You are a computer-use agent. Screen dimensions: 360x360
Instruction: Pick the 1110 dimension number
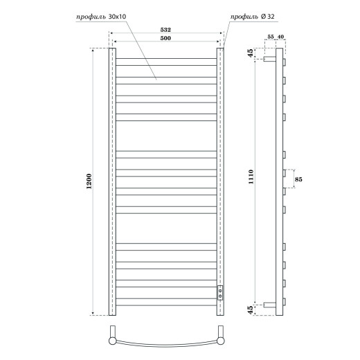[250, 181]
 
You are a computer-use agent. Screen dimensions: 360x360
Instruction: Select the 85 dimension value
[298, 180]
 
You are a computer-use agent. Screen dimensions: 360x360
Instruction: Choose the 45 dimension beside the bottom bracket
[249, 308]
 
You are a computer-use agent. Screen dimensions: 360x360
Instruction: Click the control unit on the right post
[221, 291]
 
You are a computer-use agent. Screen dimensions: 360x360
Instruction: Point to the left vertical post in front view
[111, 181]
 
